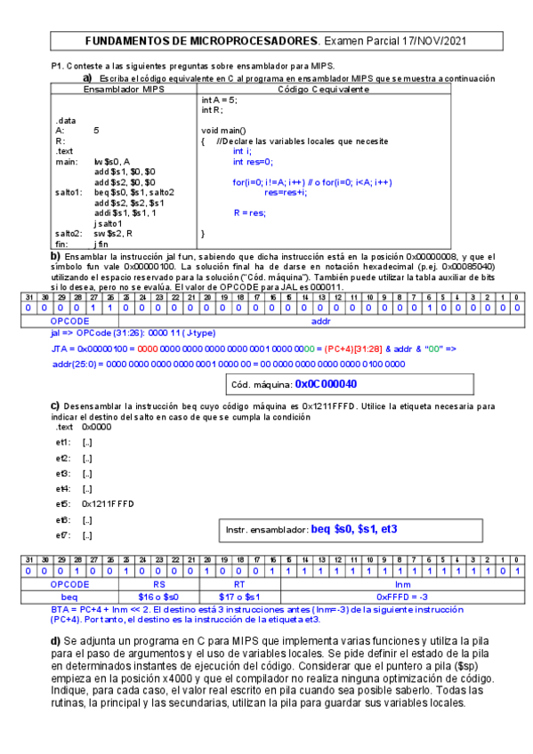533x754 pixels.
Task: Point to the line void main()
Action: pyautogui.click(x=223, y=131)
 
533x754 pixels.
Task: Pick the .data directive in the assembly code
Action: pyautogui.click(x=65, y=120)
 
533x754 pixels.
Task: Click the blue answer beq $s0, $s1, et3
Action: pyautogui.click(x=353, y=529)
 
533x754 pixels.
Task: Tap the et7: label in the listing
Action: pyautogui.click(x=63, y=535)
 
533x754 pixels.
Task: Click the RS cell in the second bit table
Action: pyautogui.click(x=160, y=583)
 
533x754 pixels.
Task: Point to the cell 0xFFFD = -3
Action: pyautogui.click(x=402, y=596)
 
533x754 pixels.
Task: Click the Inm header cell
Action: pyautogui.click(x=402, y=583)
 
